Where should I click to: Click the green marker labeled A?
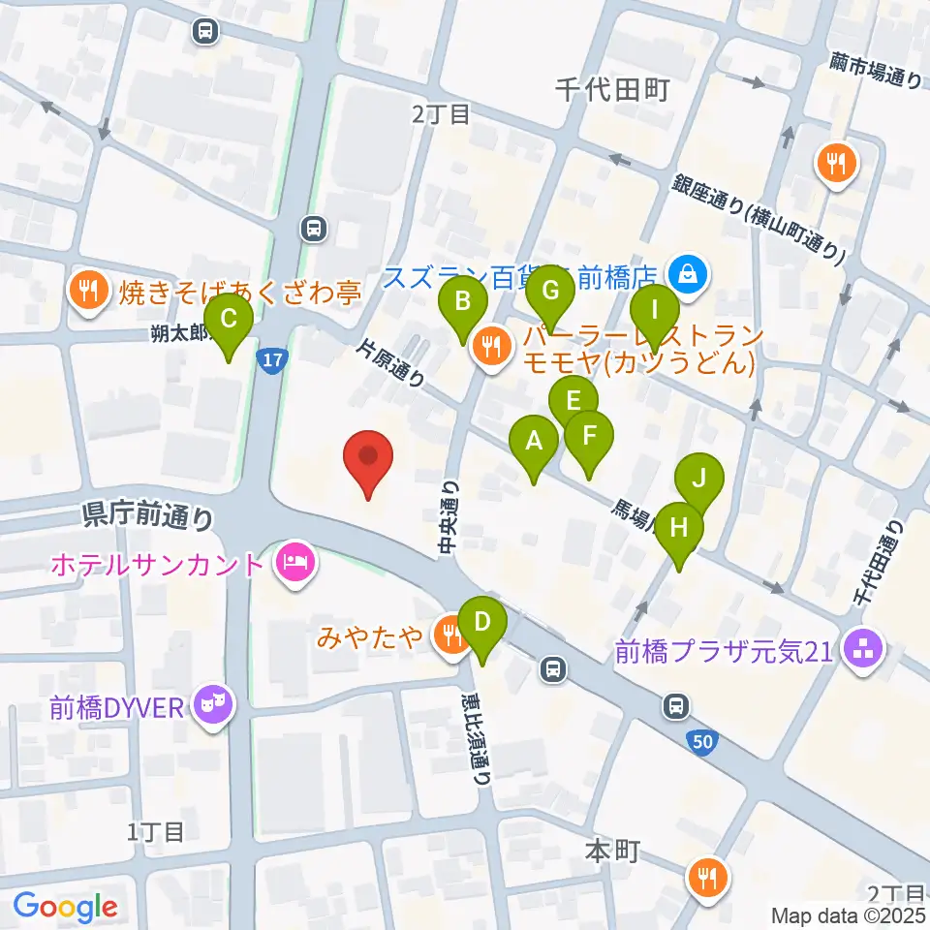pyautogui.click(x=533, y=443)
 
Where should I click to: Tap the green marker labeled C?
pyautogui.click(x=229, y=321)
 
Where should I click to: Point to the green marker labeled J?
pyautogui.click(x=698, y=480)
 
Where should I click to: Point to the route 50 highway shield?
pyautogui.click(x=704, y=742)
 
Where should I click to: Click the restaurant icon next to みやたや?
pyautogui.click(x=449, y=636)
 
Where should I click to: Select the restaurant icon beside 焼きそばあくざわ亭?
pyautogui.click(x=89, y=292)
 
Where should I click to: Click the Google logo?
pyautogui.click(x=65, y=907)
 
